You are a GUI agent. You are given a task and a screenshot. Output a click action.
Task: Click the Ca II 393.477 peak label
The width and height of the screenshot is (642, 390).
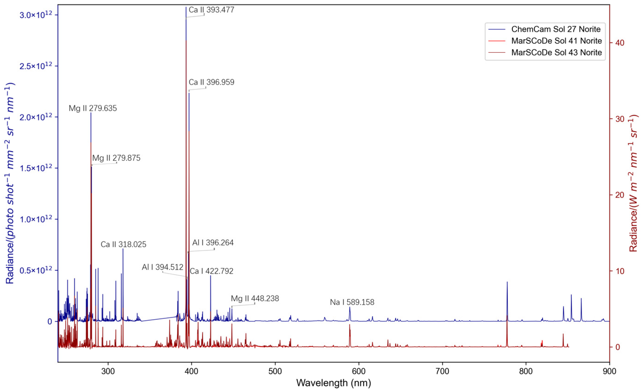[x=211, y=10]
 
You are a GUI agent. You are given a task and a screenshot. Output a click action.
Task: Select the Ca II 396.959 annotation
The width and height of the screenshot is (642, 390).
[x=211, y=82]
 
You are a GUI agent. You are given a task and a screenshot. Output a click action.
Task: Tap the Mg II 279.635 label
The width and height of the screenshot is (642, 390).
[x=93, y=108]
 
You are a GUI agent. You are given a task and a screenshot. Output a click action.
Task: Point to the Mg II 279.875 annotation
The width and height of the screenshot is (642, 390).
[x=116, y=158]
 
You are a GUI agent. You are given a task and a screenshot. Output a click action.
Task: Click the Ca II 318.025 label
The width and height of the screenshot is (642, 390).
[x=124, y=244]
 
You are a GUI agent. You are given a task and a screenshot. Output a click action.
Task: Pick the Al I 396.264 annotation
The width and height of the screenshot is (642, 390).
[x=213, y=242]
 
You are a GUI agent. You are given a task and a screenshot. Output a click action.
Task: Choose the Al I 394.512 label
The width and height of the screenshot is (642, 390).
[x=163, y=267]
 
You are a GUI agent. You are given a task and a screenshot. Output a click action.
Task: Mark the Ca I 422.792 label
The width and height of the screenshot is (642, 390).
[x=211, y=271]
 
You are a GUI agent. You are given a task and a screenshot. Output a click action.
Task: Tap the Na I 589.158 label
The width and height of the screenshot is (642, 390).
[x=352, y=302]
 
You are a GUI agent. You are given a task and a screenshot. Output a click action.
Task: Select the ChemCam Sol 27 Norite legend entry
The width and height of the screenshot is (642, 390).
[x=556, y=29]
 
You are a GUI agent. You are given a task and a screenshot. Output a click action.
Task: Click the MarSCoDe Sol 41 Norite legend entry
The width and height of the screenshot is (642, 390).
[x=556, y=41]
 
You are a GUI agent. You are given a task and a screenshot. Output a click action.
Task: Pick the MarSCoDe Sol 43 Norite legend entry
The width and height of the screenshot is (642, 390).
[x=556, y=52]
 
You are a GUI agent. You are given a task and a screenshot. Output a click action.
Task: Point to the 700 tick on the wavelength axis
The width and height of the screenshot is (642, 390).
[x=442, y=371]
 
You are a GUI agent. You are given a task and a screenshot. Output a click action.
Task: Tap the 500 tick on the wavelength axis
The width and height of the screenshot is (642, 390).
[x=275, y=371]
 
